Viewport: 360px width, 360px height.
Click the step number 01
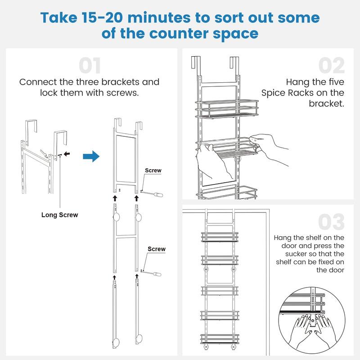tap(90, 66)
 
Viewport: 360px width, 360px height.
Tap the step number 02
tap(332, 66)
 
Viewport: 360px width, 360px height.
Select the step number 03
tap(332, 222)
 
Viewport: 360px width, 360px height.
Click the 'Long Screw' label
tap(59, 215)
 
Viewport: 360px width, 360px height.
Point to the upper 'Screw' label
tap(153, 171)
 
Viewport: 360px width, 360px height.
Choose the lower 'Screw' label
tap(157, 249)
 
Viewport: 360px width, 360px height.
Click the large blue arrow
tap(91, 157)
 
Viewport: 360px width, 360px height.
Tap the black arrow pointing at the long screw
tap(67, 154)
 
